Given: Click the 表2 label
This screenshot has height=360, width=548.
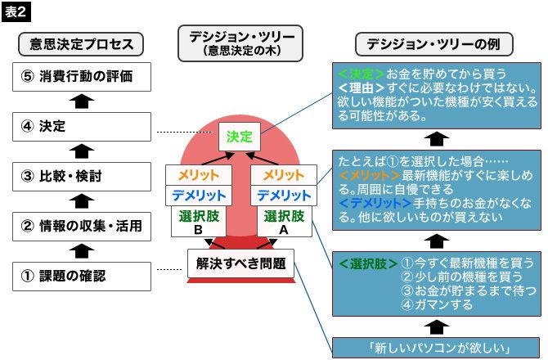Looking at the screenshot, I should point(18,11).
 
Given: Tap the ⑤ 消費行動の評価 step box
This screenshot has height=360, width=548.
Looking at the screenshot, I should point(82,78).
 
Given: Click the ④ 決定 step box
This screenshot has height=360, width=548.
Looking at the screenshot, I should point(82,127).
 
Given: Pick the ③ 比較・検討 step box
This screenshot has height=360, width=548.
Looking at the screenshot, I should point(82,176).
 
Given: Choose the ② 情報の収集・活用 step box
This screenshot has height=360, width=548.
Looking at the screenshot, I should point(82,225).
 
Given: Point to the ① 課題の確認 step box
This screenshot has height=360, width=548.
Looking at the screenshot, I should point(82,276).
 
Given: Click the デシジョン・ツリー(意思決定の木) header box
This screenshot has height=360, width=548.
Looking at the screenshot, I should point(240,43).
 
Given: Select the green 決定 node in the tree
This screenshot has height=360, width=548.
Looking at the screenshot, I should point(240,136).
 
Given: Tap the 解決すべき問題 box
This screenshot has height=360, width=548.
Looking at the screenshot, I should point(240,263).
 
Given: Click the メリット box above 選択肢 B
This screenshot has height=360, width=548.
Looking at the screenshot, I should point(195,175).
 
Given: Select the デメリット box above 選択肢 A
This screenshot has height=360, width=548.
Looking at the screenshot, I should point(284,196).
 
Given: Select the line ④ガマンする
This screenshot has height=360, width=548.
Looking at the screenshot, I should point(440,305).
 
